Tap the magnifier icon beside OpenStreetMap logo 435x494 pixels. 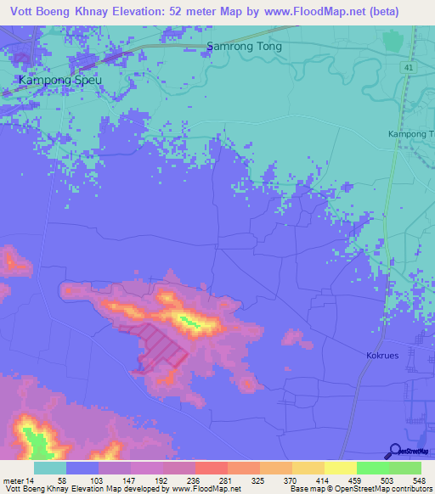click(394, 451)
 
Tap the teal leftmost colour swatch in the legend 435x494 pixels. click(50, 468)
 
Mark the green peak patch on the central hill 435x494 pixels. click(188, 321)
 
